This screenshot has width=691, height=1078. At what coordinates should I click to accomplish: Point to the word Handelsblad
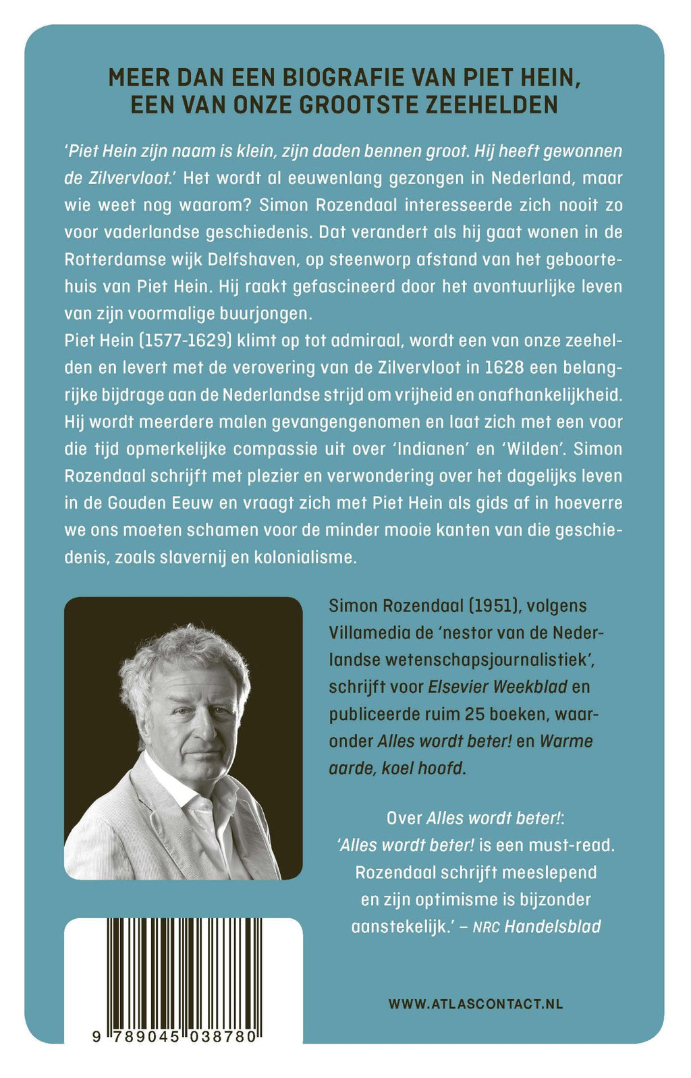coord(552,926)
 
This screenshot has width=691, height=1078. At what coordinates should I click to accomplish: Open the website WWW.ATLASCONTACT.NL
coord(476,1004)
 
